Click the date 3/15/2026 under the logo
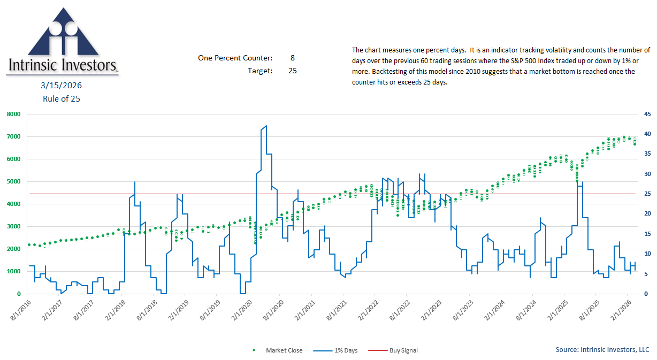62,86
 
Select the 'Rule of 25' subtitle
62,98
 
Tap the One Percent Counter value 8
292,58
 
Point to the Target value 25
292,71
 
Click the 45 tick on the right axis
647,114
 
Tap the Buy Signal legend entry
401,350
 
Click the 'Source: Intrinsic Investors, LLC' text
602,350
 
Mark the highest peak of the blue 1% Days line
266,126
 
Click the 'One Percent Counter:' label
235,58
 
